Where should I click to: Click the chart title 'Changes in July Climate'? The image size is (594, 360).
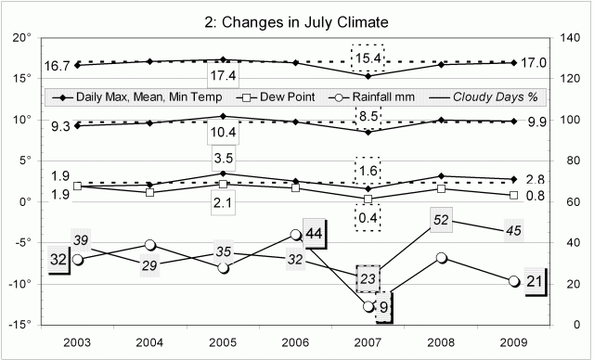point(296,21)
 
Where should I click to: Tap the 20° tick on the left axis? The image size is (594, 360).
point(21,38)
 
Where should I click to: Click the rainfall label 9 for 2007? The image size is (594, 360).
point(384,306)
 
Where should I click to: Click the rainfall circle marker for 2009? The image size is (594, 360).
point(513,281)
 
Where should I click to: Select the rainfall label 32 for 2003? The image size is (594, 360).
point(58,259)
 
